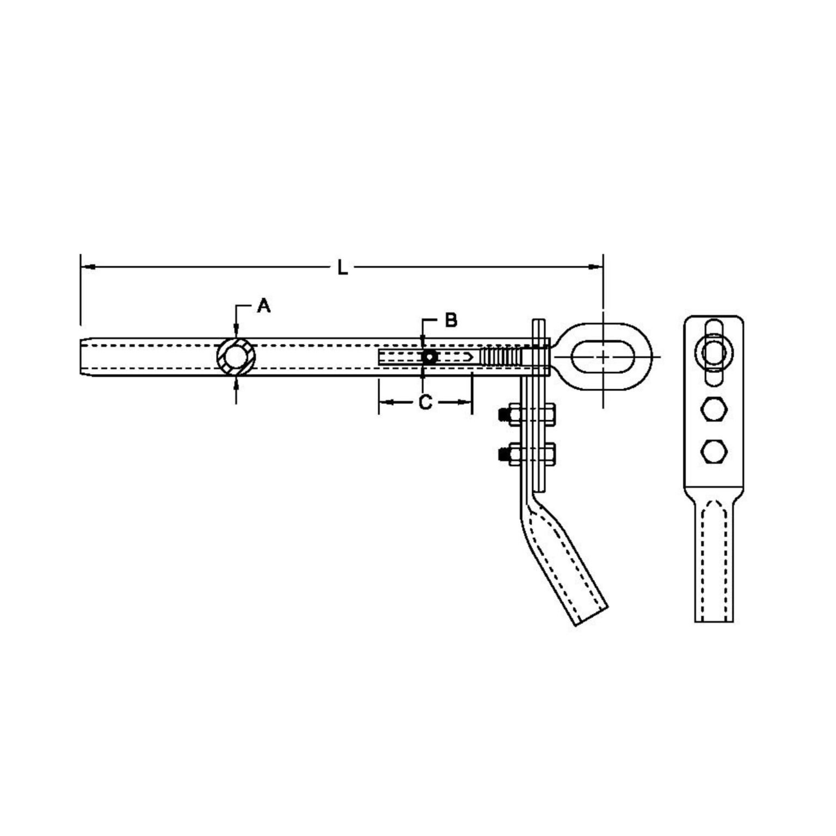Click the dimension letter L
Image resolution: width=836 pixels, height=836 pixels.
click(342, 268)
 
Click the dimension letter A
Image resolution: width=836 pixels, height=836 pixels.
click(264, 306)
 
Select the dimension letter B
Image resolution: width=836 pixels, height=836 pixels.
click(451, 321)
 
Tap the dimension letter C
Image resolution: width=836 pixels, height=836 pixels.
click(425, 403)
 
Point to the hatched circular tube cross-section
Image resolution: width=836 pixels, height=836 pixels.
click(235, 356)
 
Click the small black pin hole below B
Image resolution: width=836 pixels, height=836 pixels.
click(429, 357)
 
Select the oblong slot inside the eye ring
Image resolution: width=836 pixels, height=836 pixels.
click(603, 356)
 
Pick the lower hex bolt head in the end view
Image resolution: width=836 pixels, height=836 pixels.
click(713, 450)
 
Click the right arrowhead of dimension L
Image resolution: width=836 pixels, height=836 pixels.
click(595, 267)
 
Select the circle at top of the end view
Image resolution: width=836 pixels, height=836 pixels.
click(713, 352)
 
